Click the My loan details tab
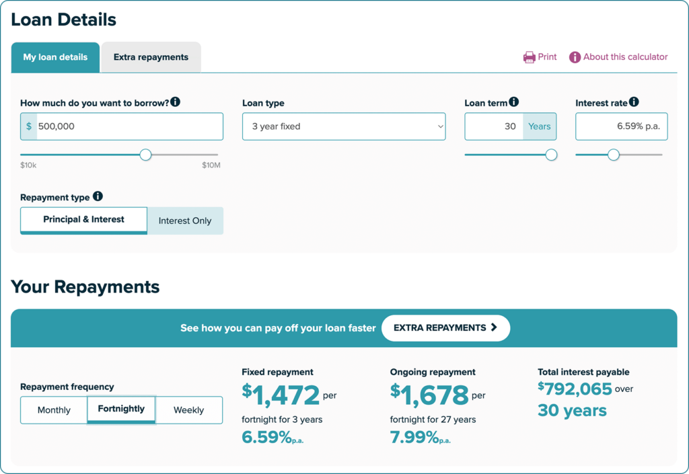[55, 58]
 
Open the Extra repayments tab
[151, 58]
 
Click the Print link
[540, 57]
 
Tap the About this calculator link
[618, 57]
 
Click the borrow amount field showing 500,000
[122, 126]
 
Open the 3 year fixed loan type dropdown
[344, 126]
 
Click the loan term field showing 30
[494, 126]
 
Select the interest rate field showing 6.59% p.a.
[621, 126]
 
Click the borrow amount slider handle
[145, 155]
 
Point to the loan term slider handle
[551, 155]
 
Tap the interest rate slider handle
[614, 155]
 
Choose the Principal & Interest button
[83, 221]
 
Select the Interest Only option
[185, 221]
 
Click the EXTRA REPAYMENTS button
[445, 328]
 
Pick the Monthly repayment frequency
[54, 410]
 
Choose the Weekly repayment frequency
[189, 410]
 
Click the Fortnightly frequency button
[121, 409]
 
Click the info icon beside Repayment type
[98, 196]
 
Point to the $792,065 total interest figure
[575, 389]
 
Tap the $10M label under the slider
[211, 165]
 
